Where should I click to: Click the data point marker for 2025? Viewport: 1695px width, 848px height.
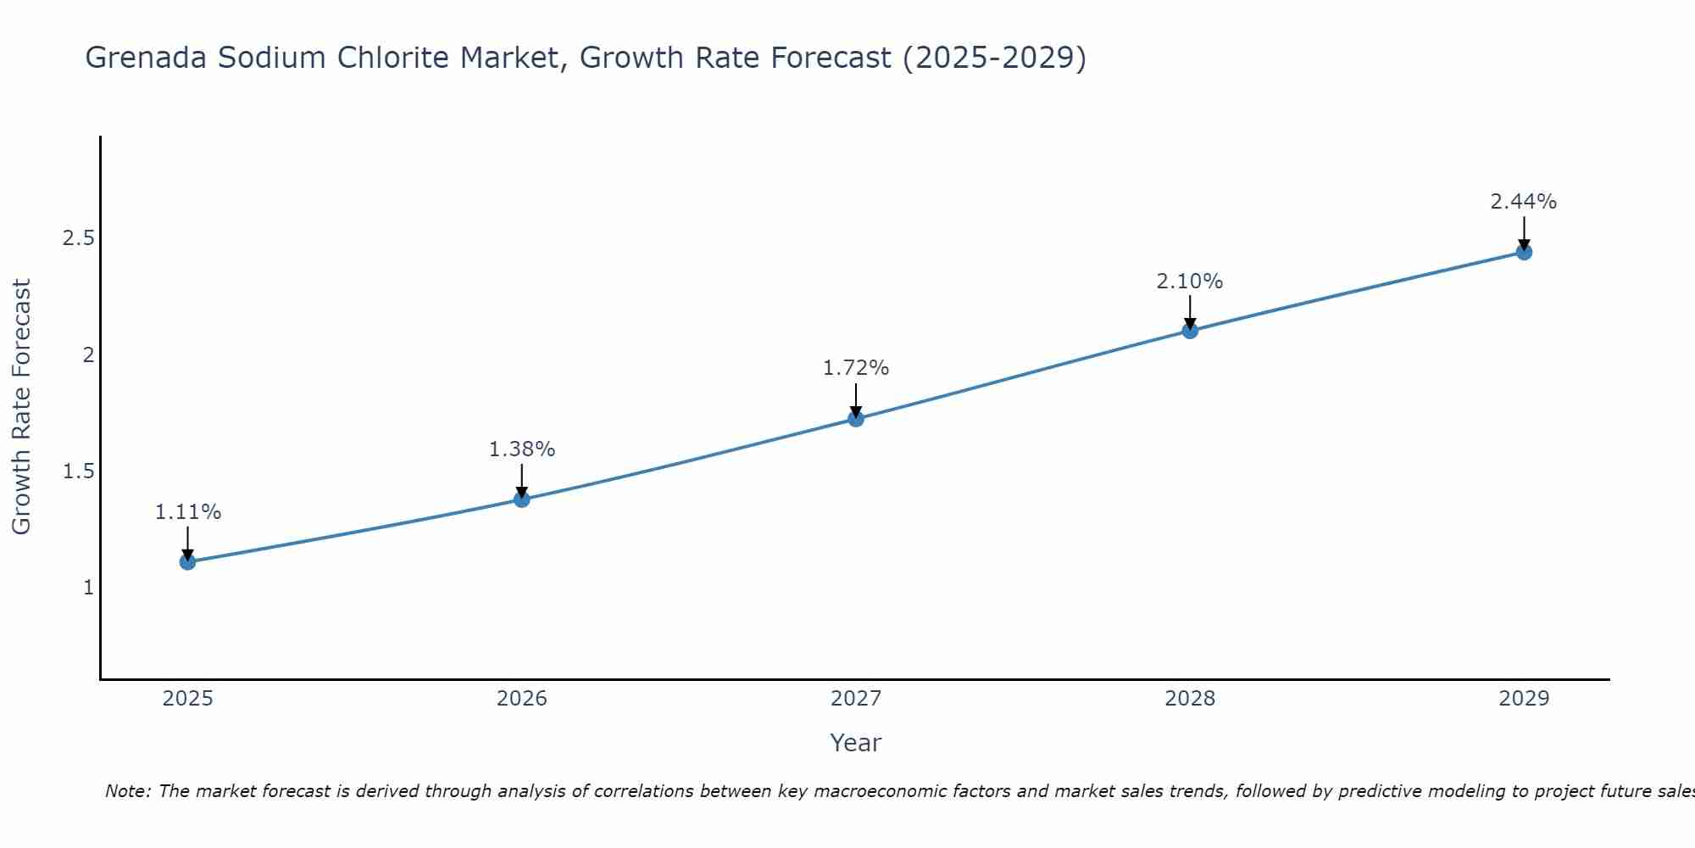click(188, 561)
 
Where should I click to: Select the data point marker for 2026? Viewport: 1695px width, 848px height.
click(522, 499)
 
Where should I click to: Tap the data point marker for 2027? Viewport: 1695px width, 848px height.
click(856, 419)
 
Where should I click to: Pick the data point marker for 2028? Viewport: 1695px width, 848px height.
click(1190, 331)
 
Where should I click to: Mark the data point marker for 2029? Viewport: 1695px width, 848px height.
click(1524, 252)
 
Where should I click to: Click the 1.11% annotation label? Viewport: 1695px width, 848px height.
click(188, 512)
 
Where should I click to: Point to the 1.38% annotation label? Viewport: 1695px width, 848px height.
click(522, 449)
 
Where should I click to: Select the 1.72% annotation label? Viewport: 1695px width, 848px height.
click(856, 368)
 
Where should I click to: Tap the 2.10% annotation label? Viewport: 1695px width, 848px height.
click(1190, 282)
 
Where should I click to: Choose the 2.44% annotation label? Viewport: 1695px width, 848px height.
click(1524, 202)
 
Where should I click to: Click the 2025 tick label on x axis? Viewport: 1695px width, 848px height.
click(188, 699)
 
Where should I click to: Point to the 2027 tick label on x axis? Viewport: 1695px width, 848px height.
click(856, 699)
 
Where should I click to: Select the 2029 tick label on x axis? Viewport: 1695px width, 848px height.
click(1524, 699)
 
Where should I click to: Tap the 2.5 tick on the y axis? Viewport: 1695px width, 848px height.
click(78, 238)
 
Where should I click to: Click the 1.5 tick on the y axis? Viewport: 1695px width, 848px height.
click(78, 471)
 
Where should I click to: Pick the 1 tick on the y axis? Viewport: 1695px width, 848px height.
click(88, 587)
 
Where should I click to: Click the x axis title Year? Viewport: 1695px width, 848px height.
click(856, 743)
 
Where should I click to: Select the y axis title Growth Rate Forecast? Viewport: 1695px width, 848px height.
click(21, 407)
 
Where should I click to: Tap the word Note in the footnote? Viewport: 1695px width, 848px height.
click(127, 791)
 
